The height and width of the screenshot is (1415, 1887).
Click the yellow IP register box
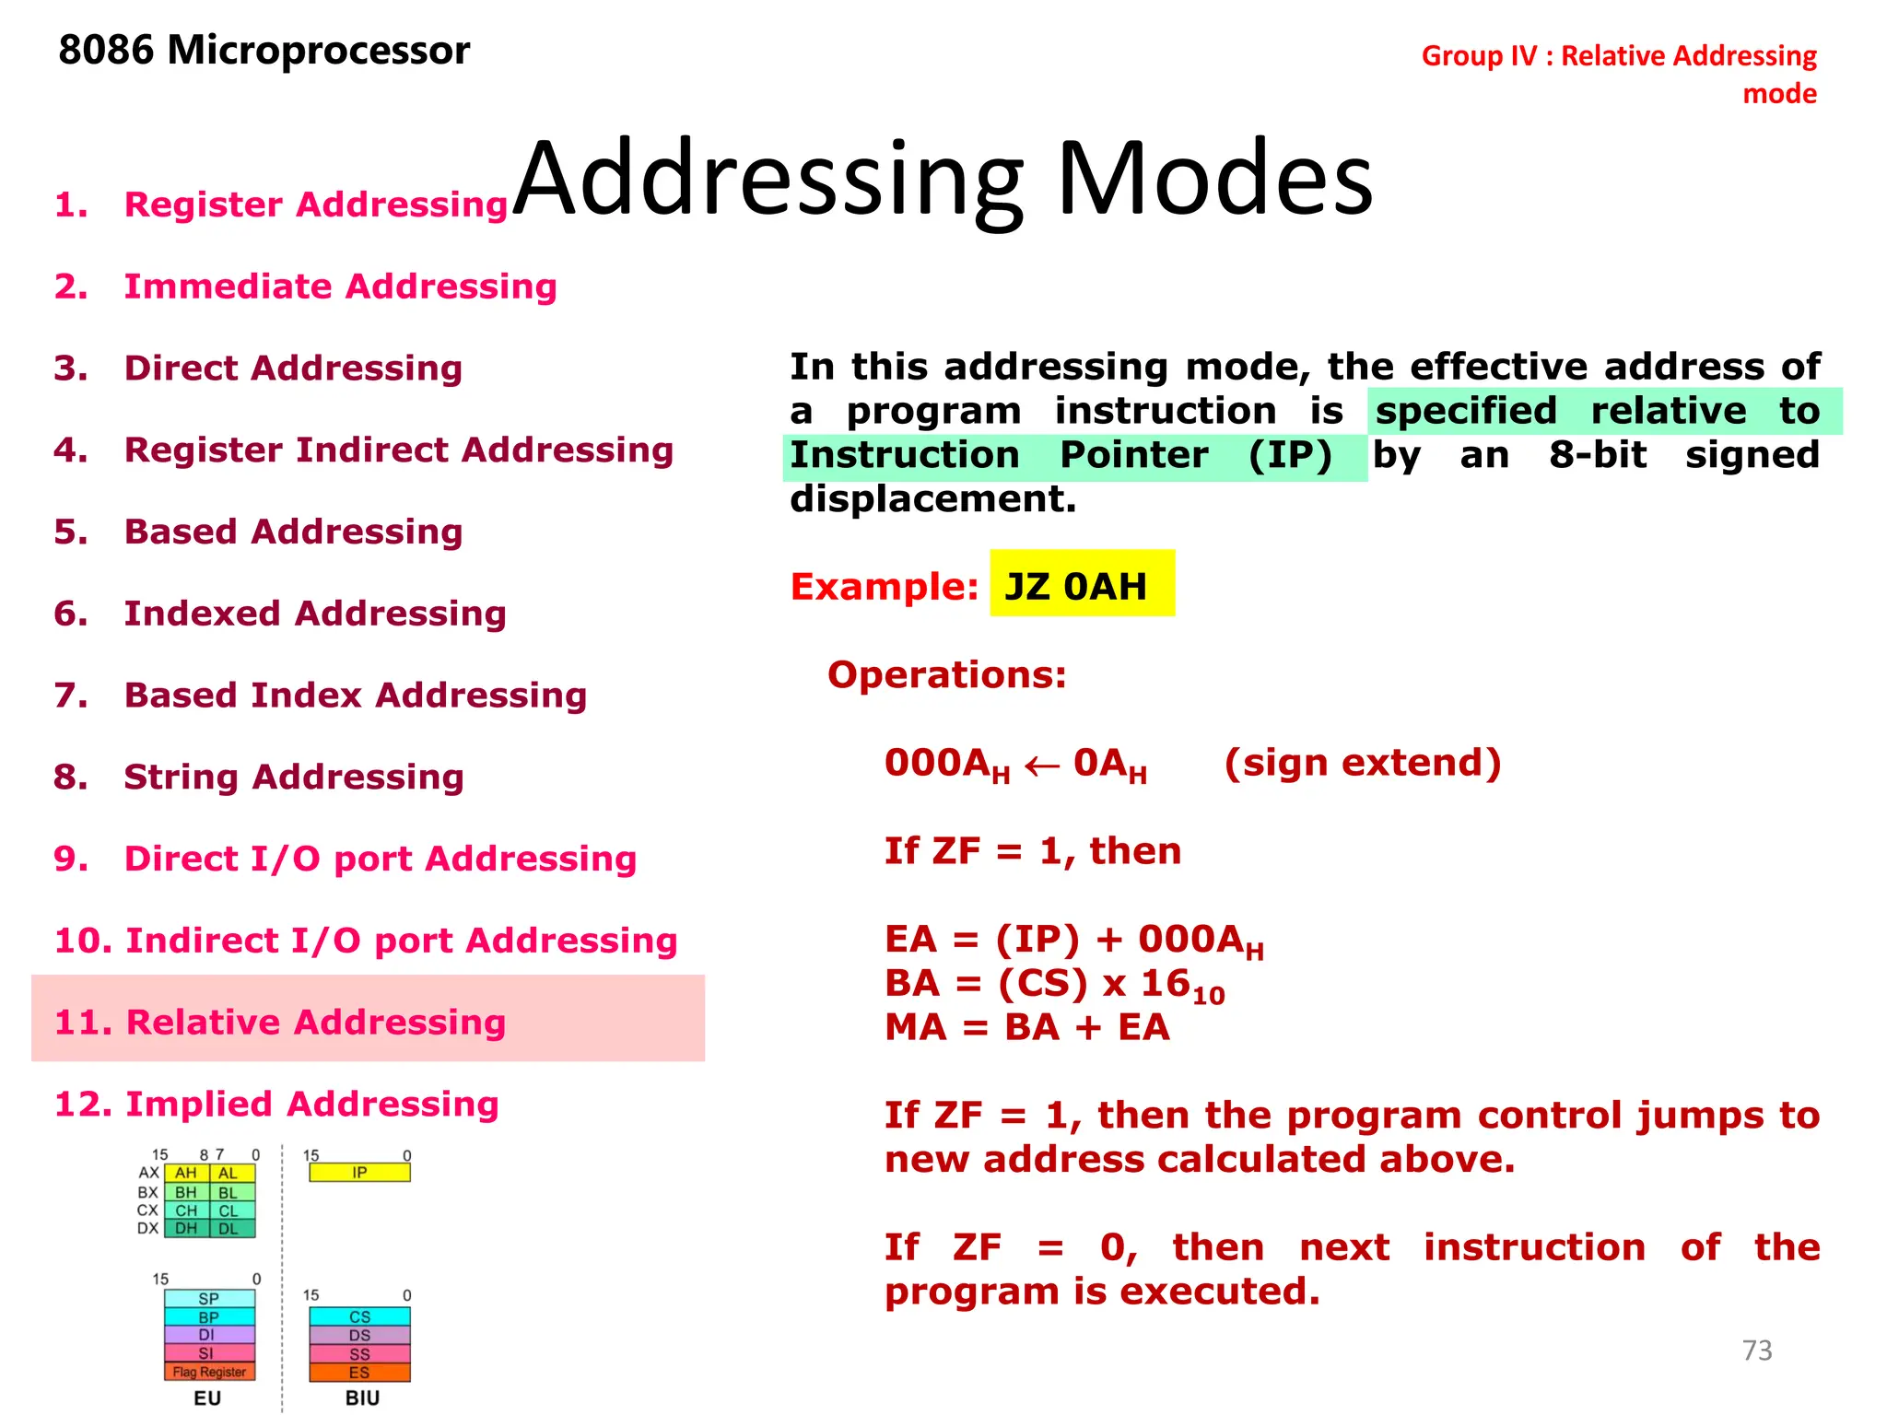[x=359, y=1173]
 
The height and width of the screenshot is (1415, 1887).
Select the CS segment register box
[x=359, y=1317]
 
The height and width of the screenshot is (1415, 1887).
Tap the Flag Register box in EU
[x=209, y=1372]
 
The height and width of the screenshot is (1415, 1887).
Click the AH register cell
[x=186, y=1174]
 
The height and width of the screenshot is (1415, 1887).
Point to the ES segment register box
[x=359, y=1373]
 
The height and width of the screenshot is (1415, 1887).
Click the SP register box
[x=209, y=1299]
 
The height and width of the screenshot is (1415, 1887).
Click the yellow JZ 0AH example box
[x=1082, y=584]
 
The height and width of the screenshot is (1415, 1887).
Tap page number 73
[x=1756, y=1351]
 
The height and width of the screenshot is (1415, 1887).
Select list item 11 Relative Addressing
[x=280, y=1022]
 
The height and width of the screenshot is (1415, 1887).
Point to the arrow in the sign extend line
[x=1041, y=766]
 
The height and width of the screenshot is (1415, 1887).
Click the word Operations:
[x=946, y=674]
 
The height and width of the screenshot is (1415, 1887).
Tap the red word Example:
[x=884, y=586]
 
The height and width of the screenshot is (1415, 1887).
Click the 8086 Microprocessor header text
[x=264, y=50]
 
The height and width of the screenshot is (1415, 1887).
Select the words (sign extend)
[x=1362, y=763]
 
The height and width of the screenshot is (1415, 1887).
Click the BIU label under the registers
[x=362, y=1397]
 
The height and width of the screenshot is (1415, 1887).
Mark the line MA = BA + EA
[x=1026, y=1027]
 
